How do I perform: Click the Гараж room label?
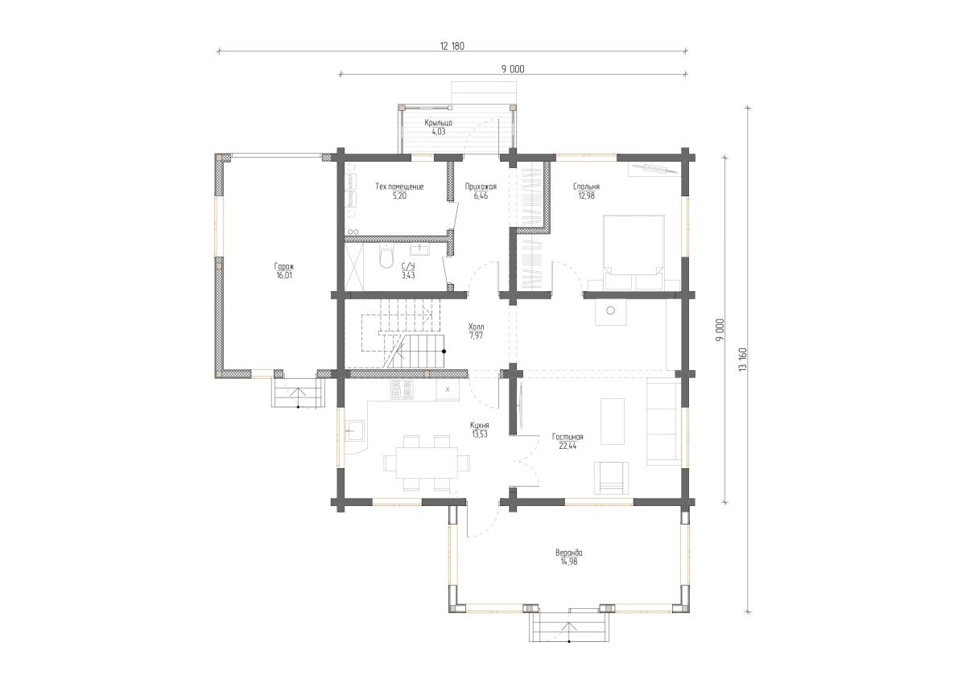click(284, 266)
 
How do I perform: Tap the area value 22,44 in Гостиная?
click(568, 446)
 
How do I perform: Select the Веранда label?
click(569, 553)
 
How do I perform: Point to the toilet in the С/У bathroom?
click(386, 256)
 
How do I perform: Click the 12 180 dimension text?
click(452, 46)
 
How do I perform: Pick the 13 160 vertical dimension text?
click(742, 360)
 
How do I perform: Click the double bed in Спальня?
click(634, 252)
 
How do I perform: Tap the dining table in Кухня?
click(427, 463)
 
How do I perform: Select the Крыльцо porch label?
click(438, 123)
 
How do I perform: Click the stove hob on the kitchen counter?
click(402, 389)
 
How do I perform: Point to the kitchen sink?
click(355, 430)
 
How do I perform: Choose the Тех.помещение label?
click(399, 187)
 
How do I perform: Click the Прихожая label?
click(481, 187)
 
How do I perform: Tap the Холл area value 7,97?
click(476, 335)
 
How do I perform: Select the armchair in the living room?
click(611, 478)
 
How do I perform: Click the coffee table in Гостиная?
click(613, 421)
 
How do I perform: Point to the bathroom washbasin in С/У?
click(419, 249)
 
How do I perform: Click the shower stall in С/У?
click(354, 266)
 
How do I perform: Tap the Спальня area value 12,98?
click(587, 196)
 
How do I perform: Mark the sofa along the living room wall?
click(663, 422)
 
